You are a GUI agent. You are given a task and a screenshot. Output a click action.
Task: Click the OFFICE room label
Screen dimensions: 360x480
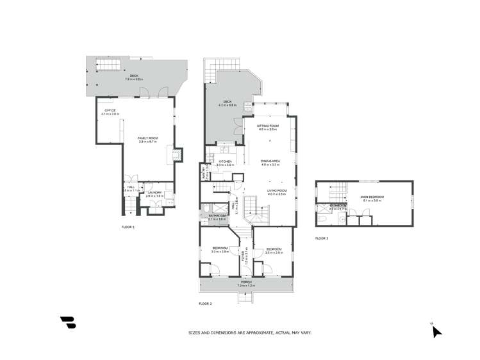click(110, 111)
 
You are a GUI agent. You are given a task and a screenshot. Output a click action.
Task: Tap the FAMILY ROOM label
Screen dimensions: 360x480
click(148, 138)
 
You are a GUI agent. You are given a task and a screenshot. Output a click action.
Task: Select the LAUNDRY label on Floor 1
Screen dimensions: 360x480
click(154, 193)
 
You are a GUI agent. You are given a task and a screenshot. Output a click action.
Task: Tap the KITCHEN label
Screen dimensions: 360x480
click(224, 161)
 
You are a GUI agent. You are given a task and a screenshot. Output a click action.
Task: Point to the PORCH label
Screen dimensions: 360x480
click(245, 282)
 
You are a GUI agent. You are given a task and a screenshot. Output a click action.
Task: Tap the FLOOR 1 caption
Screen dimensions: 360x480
click(128, 227)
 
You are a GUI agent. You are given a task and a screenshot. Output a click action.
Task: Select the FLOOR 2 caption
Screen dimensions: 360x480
click(205, 303)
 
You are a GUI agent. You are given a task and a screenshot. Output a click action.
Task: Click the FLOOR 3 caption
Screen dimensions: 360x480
click(321, 238)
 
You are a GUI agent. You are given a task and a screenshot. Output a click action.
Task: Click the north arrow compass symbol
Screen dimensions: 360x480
click(436, 331)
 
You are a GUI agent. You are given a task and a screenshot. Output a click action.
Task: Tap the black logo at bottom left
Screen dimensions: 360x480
click(68, 323)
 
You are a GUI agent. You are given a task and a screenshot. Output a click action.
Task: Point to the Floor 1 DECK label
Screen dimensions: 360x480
click(134, 76)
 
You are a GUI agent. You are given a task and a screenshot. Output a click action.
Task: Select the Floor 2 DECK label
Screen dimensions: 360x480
click(227, 102)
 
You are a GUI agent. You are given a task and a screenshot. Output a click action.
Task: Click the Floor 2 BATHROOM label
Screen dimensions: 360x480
click(217, 216)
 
